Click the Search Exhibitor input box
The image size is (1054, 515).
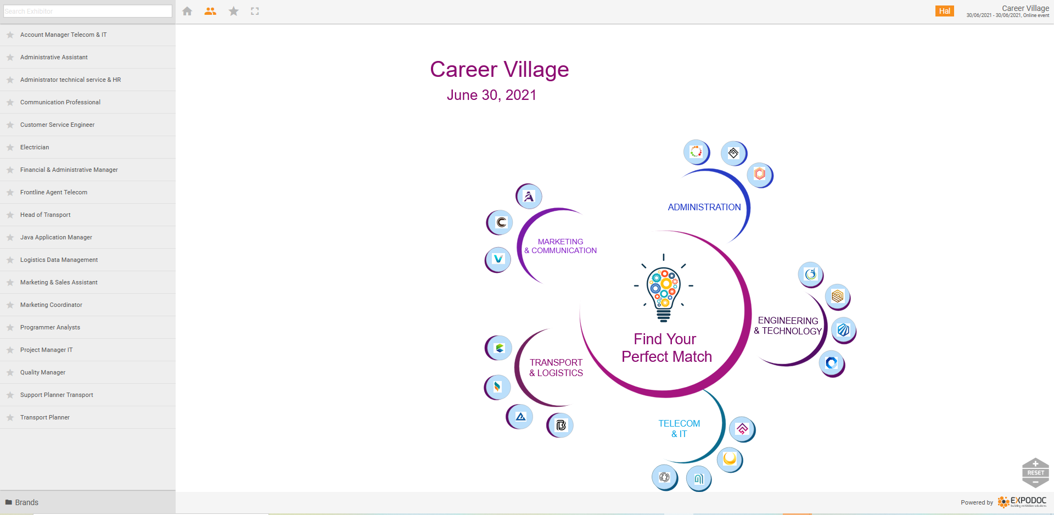click(x=88, y=11)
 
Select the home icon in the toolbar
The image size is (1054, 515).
click(x=187, y=11)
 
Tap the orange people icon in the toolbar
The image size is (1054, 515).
click(x=210, y=11)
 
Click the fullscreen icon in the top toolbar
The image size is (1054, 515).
click(x=255, y=11)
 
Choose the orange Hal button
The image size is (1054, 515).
click(x=945, y=11)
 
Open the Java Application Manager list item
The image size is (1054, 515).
click(x=56, y=237)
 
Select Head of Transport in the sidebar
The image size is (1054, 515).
click(x=46, y=215)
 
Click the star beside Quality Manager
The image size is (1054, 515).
click(x=10, y=372)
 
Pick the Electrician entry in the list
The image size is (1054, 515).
click(x=35, y=147)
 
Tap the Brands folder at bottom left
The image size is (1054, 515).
click(x=22, y=502)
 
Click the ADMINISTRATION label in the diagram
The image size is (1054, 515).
click(x=704, y=207)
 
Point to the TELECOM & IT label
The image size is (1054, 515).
click(x=679, y=429)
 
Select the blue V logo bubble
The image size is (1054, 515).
click(x=498, y=259)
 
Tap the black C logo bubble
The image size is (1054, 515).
click(x=500, y=222)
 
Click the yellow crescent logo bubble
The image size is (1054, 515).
click(x=730, y=459)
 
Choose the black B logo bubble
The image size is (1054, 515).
click(x=560, y=425)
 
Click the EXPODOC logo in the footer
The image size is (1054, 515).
click(x=1022, y=502)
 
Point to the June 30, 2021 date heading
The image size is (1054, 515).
click(x=491, y=95)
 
